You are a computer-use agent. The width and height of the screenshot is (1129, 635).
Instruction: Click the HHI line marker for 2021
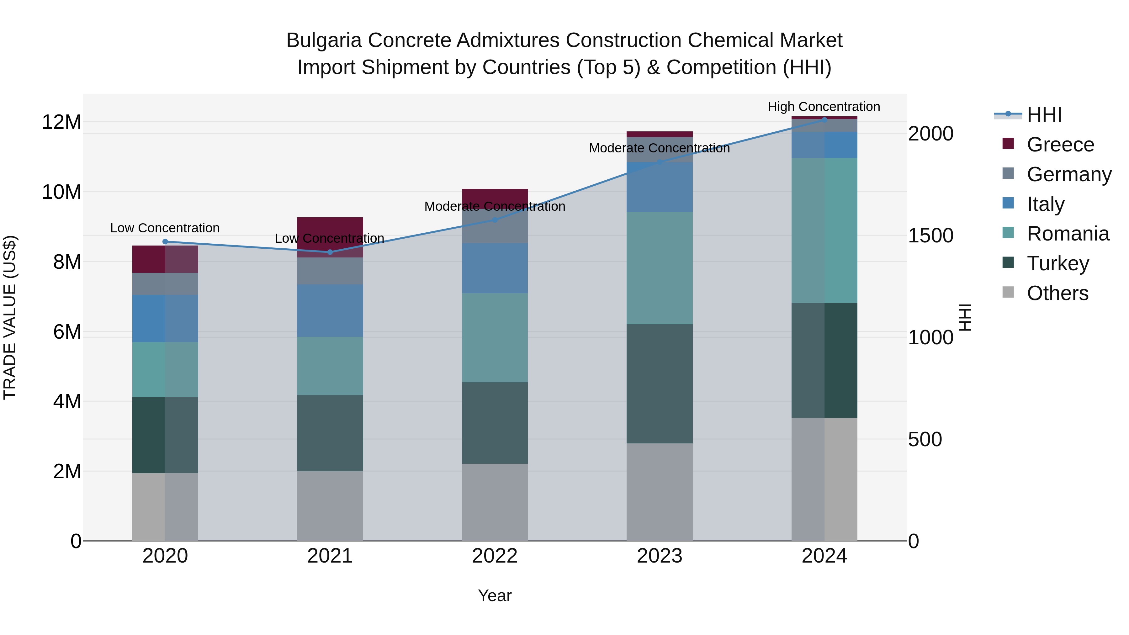click(330, 252)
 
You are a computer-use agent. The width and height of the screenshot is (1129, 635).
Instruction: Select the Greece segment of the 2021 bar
click(330, 237)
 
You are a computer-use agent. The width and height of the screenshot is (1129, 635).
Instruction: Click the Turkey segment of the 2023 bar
click(660, 384)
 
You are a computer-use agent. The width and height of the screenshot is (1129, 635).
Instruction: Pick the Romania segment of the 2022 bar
click(495, 337)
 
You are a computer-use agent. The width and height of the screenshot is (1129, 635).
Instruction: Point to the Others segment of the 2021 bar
click(330, 506)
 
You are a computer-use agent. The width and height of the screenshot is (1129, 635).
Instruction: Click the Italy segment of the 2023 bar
click(660, 187)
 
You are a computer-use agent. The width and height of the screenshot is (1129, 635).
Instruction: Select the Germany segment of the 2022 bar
click(495, 226)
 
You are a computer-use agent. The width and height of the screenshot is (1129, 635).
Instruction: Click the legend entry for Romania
click(1068, 234)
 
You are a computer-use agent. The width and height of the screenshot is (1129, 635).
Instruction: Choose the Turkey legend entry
click(1057, 263)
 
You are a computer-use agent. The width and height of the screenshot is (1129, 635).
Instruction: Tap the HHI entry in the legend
click(1044, 115)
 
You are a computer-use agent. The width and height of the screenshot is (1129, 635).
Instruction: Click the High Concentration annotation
click(824, 107)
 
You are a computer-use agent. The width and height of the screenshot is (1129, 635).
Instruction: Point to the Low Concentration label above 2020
click(165, 228)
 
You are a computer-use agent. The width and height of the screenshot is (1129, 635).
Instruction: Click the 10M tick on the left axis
click(61, 192)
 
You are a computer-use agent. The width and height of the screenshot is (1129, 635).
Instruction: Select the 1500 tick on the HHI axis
click(930, 235)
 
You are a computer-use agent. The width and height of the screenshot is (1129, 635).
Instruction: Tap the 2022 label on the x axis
click(495, 556)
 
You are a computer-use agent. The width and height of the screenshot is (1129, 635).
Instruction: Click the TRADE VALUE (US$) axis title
click(10, 317)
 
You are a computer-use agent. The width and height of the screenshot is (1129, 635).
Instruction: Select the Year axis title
click(495, 595)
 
